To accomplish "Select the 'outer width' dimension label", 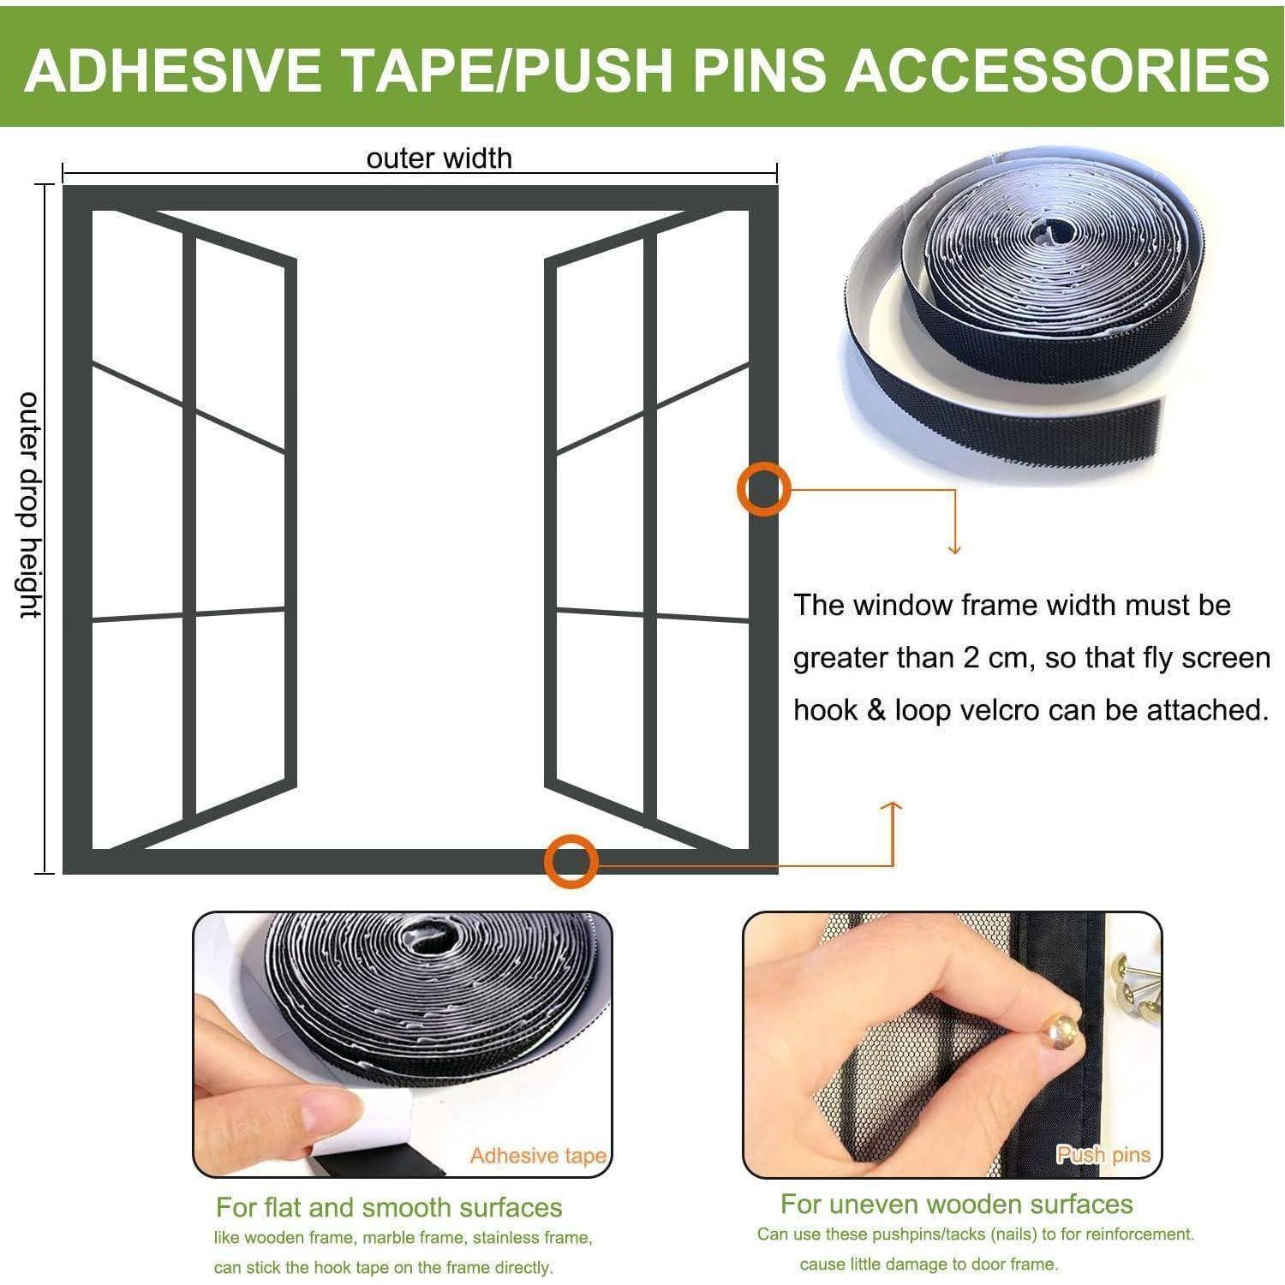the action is pos(439,158).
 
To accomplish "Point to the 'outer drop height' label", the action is pos(30,505).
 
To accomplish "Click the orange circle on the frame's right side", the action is pos(763,489).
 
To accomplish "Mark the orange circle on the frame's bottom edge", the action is pos(571,861).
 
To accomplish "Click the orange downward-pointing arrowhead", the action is pos(954,548).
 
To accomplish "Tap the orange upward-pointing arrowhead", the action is pos(892,807).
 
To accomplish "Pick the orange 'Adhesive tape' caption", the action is pos(538,1156).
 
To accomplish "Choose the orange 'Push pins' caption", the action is pos(1103,1155).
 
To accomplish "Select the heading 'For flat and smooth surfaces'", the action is pos(389,1207).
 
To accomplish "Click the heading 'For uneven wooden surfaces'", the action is pos(956,1204).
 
